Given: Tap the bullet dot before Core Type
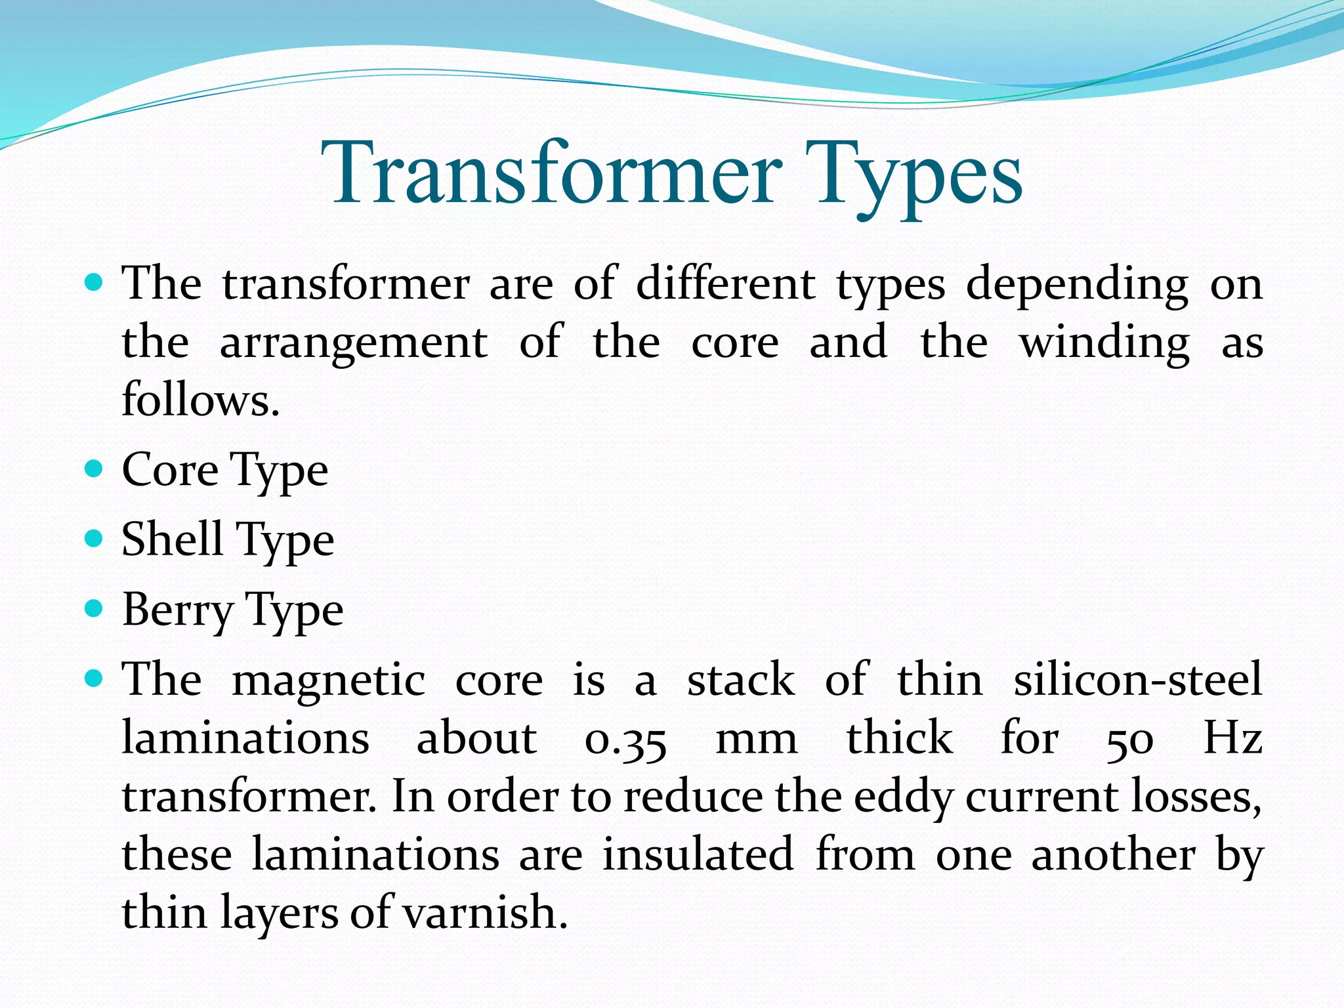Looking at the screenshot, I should (94, 469).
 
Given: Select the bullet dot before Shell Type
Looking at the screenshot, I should (94, 539).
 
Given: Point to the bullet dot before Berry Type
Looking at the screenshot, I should (94, 609).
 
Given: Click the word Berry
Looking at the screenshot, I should (177, 610).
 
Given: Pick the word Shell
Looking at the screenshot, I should (172, 539).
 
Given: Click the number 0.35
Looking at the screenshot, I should (625, 739).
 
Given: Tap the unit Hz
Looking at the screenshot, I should (1232, 738).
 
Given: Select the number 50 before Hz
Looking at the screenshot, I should (1129, 739).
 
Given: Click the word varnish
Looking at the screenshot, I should (484, 912).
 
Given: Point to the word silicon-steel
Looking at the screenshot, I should (1138, 679).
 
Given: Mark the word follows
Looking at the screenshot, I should (200, 399).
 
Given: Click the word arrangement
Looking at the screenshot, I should (354, 343).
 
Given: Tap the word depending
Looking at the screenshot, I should (1077, 285).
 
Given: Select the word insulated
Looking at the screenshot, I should (698, 854).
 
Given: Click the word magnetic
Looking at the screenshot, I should (329, 681).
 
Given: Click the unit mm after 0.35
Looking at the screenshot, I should (756, 739).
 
